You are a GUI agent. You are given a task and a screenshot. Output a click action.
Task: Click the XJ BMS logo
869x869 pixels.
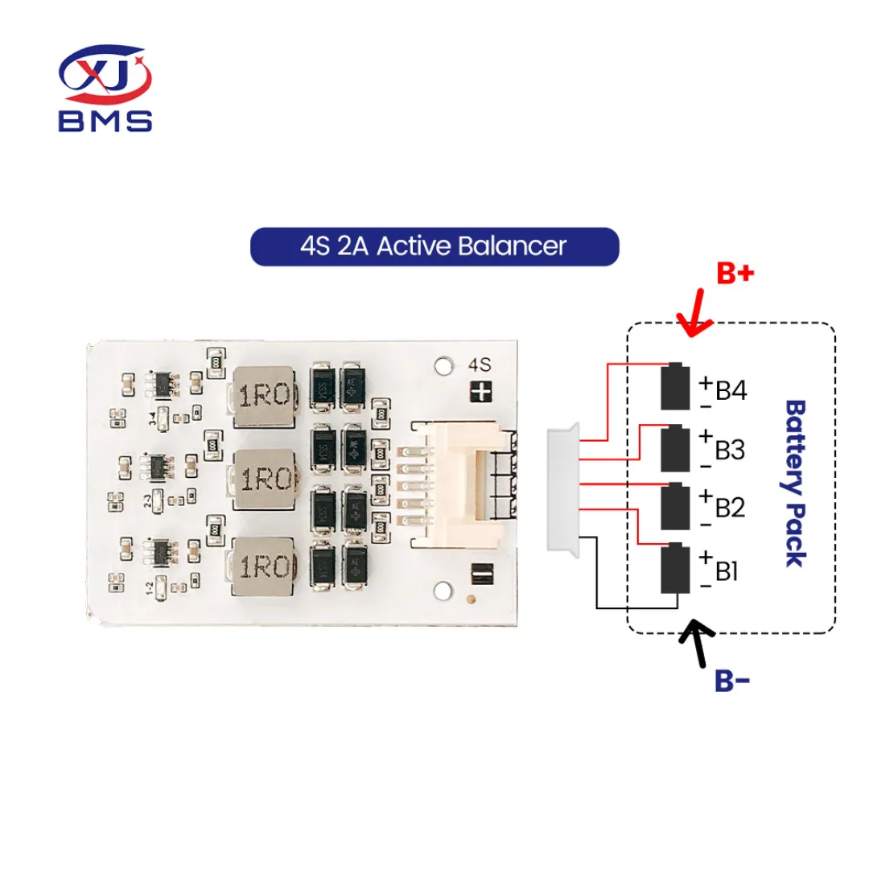tap(105, 88)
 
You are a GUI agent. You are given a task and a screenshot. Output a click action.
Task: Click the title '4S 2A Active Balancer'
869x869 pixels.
tap(434, 246)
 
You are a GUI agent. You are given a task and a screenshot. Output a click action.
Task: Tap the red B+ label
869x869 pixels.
tap(735, 274)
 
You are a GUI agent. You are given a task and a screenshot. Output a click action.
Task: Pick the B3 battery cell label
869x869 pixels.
tap(730, 450)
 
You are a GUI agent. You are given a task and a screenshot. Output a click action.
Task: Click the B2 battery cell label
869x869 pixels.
tap(730, 509)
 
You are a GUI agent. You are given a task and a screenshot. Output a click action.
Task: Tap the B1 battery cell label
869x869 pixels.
tap(727, 571)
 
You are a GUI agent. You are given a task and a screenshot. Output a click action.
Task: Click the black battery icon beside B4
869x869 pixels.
tap(676, 386)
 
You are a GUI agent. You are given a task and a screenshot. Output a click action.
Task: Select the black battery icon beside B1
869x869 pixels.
tap(676, 568)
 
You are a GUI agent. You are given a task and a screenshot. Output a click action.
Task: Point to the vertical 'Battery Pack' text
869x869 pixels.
tap(796, 483)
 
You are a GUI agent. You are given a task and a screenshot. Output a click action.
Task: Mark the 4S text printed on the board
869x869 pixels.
tap(480, 364)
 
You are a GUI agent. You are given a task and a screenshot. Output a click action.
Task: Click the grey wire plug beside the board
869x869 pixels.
tap(562, 488)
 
